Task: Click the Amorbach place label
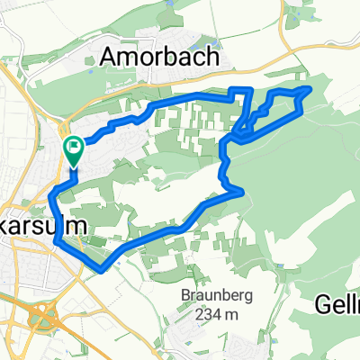(160, 57)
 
